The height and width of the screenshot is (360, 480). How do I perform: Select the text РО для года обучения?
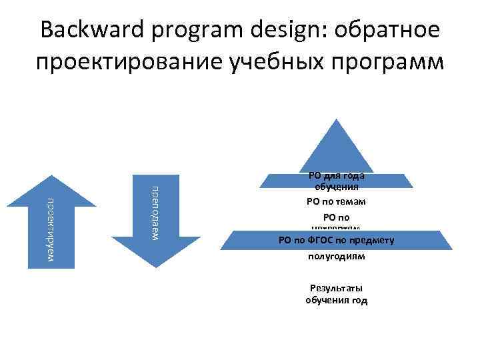pos(336,182)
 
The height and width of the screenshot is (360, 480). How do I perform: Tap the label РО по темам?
pos(336,201)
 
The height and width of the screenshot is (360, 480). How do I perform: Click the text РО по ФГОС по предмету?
pos(336,240)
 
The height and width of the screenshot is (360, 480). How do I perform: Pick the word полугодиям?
pos(336,256)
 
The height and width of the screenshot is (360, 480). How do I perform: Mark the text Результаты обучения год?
pos(336,294)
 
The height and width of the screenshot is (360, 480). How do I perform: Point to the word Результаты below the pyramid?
pos(336,288)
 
